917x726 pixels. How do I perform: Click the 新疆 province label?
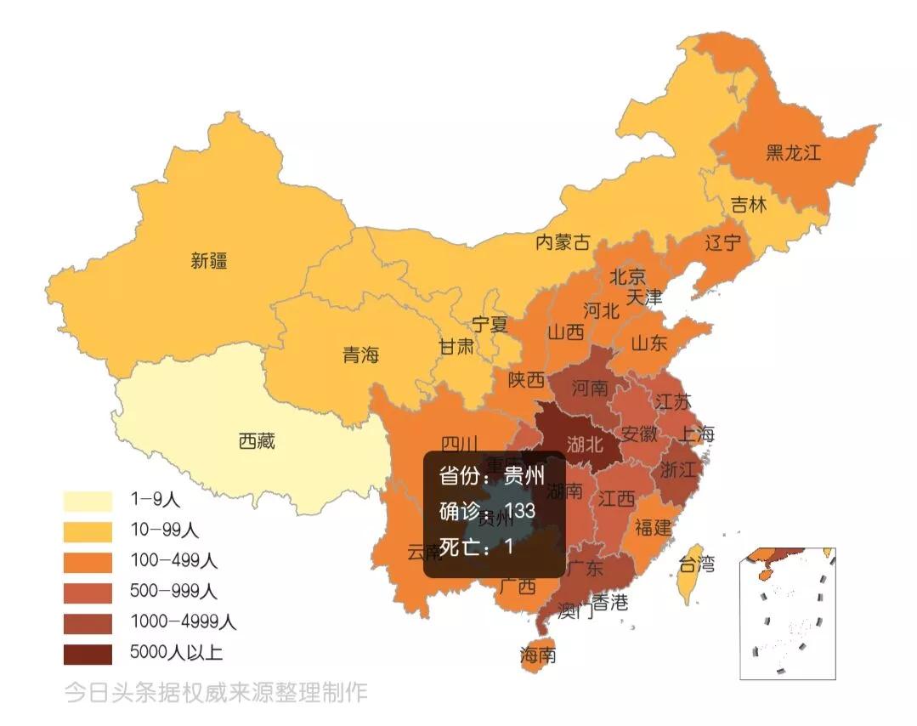(x=209, y=261)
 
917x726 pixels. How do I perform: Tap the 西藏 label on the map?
(x=257, y=441)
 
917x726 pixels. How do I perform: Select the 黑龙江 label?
(x=793, y=153)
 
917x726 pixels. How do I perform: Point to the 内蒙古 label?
(x=562, y=242)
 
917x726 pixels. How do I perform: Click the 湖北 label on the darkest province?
(x=586, y=443)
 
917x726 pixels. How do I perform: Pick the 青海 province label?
(x=360, y=355)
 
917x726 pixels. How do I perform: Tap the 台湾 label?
(x=696, y=563)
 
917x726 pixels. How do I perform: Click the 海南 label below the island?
(x=538, y=655)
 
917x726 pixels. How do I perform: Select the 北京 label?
(x=627, y=276)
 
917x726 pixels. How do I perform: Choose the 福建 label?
(x=653, y=527)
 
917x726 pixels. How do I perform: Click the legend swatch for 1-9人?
(x=88, y=501)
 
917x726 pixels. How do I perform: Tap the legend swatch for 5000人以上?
(x=88, y=653)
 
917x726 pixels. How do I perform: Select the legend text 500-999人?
(x=174, y=592)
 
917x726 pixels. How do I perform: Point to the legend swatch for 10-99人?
(x=88, y=531)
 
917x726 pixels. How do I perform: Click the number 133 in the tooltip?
(x=519, y=510)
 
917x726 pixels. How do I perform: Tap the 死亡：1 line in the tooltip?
(x=476, y=546)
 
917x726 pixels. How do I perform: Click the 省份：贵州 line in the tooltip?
(x=491, y=474)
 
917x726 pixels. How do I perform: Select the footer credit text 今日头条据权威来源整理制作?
(x=216, y=692)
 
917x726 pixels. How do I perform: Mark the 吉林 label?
(x=748, y=205)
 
